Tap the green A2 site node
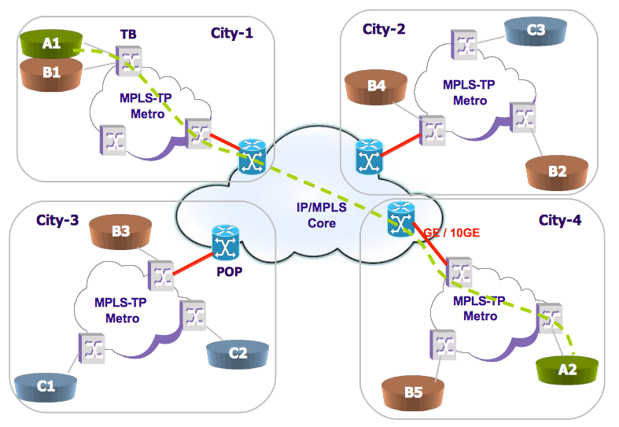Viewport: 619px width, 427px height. (565, 366)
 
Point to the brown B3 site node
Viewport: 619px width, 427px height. (120, 233)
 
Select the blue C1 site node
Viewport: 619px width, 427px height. (46, 386)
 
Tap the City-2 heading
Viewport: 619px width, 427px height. (384, 29)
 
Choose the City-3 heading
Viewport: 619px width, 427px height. (57, 220)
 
